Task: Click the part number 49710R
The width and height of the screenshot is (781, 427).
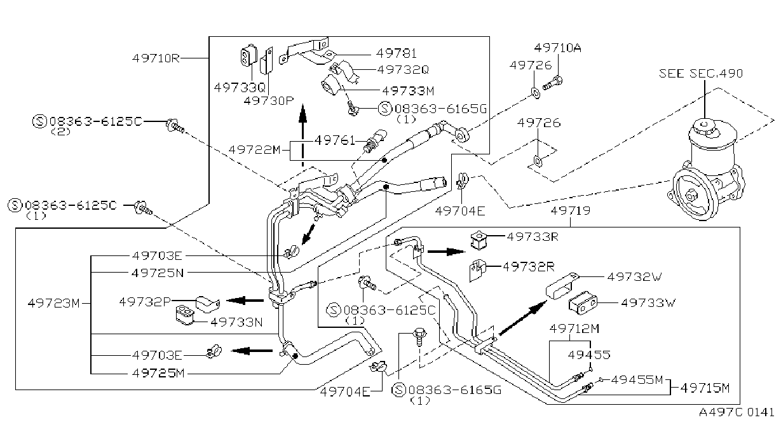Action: pyautogui.click(x=156, y=58)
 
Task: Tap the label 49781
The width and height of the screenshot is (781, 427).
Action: pyautogui.click(x=397, y=53)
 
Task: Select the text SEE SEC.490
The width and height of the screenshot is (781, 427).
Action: pyautogui.click(x=701, y=74)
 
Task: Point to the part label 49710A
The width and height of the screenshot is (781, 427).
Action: pyautogui.click(x=557, y=48)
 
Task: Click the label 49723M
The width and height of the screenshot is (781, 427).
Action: pyautogui.click(x=53, y=303)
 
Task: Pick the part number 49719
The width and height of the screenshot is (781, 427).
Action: pyautogui.click(x=571, y=211)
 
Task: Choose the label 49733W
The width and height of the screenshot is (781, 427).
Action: pyautogui.click(x=648, y=302)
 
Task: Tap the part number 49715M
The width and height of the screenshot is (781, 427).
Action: pyautogui.click(x=705, y=388)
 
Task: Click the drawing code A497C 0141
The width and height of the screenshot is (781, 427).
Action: pyautogui.click(x=737, y=412)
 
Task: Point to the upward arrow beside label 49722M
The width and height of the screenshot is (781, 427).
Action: pyautogui.click(x=302, y=135)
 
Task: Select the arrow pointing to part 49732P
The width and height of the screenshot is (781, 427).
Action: pyautogui.click(x=245, y=300)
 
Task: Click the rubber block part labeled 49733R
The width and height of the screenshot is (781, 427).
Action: pyautogui.click(x=478, y=240)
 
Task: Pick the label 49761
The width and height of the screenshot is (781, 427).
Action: pyautogui.click(x=334, y=140)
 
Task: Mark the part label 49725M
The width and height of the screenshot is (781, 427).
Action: pyautogui.click(x=158, y=374)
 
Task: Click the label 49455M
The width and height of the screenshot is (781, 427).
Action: pyautogui.click(x=637, y=379)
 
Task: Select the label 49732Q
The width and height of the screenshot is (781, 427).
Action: pyautogui.click(x=403, y=70)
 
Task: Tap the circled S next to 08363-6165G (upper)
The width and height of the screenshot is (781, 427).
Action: pyautogui.click(x=385, y=109)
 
